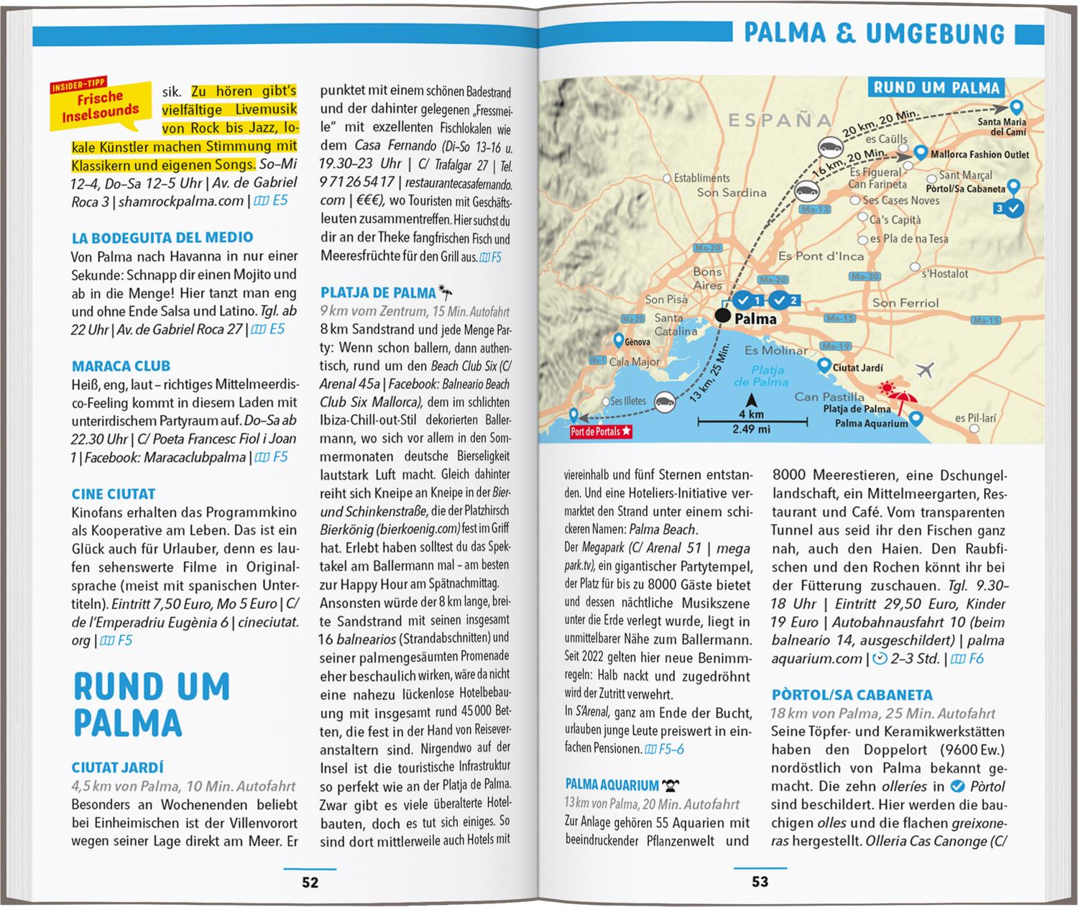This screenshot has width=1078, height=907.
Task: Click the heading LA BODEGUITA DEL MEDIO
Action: coord(162,237)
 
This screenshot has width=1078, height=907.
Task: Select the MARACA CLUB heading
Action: coord(121,366)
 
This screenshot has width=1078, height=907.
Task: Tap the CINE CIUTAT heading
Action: coord(114,494)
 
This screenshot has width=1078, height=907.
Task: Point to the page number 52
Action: coord(310,882)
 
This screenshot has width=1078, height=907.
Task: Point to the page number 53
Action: coord(760,881)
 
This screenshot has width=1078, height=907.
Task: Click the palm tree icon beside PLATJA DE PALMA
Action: coord(446,293)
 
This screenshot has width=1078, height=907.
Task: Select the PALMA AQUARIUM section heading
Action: coord(612,785)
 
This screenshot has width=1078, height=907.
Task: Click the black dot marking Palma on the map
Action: coord(722,316)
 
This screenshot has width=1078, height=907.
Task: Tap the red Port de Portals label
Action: coord(601,432)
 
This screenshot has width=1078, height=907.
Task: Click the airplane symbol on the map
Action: coord(925,371)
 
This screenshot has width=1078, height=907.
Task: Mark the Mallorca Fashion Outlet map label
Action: coord(980,155)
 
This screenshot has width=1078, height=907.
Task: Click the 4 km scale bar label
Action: coord(751,415)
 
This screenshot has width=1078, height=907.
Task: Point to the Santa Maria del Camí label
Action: coord(1002,127)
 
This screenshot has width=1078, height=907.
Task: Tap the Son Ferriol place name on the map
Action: coord(905,303)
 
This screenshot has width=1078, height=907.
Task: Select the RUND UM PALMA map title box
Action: coord(936,88)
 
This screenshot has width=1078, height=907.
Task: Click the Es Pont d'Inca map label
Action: coord(821,256)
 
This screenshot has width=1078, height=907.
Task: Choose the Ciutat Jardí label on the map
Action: coord(857,368)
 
